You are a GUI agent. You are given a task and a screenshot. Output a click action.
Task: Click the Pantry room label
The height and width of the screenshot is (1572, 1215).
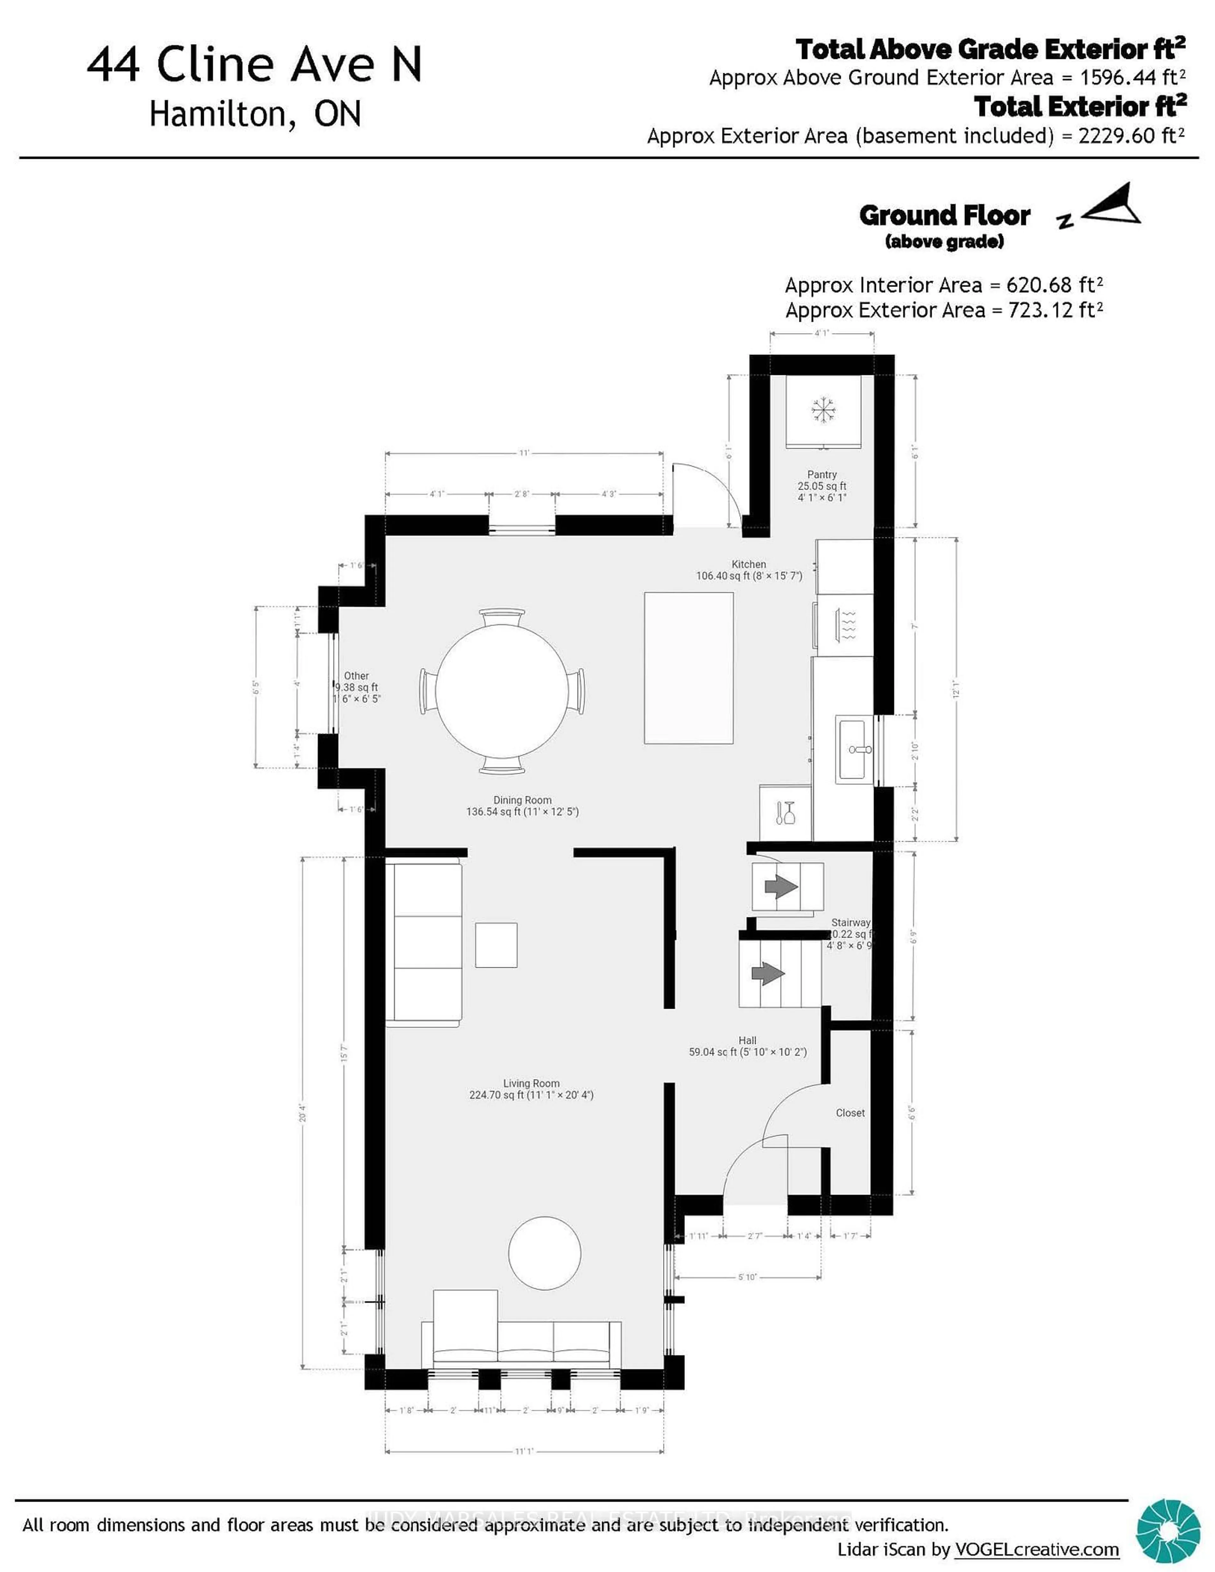tap(821, 474)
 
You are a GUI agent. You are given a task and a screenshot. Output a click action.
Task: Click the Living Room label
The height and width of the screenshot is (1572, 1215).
tap(531, 1083)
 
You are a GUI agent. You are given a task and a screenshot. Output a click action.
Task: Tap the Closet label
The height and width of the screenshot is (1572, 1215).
tap(850, 1113)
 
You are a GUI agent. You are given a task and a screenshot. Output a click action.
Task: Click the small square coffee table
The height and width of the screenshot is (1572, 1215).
tap(496, 945)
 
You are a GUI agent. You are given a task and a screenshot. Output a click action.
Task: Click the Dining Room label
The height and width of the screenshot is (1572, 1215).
tap(523, 800)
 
